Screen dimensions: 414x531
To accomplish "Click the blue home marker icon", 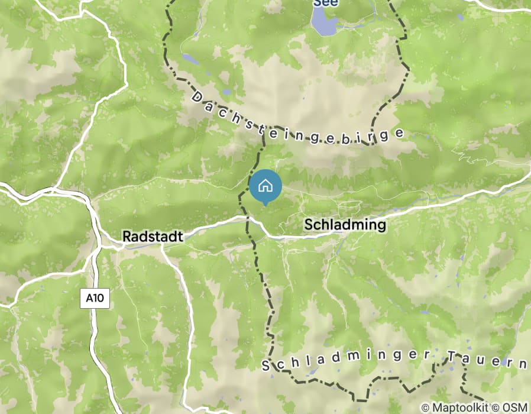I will (x=265, y=186).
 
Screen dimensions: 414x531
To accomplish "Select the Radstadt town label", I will (x=153, y=236).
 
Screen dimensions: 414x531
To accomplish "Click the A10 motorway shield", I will (x=95, y=298).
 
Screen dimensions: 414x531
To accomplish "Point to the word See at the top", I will (x=325, y=3).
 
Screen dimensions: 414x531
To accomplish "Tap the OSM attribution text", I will (x=515, y=407).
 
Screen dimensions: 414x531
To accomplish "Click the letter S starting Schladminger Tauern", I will (x=266, y=367).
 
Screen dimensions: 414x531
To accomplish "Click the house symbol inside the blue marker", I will (x=265, y=185).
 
